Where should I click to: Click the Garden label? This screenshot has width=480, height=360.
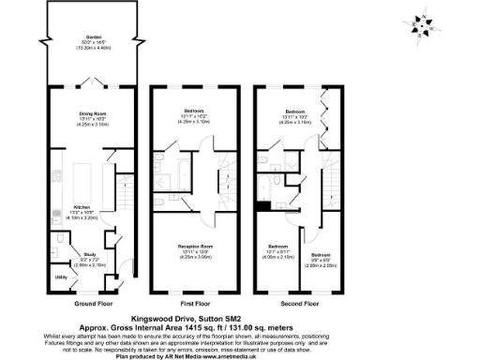(x=91, y=37)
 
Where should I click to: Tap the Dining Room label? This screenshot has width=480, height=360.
(x=92, y=112)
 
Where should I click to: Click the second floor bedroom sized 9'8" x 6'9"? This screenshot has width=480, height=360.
(x=321, y=259)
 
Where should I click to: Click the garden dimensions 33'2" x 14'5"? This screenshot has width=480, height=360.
(x=91, y=44)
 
